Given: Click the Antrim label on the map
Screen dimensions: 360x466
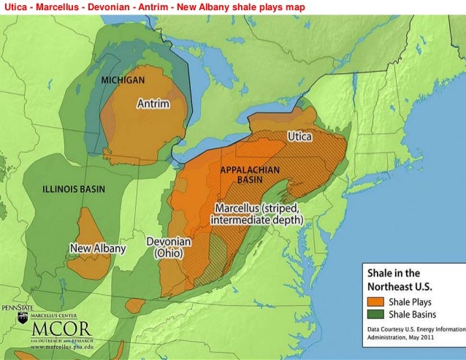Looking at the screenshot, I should [x=153, y=104].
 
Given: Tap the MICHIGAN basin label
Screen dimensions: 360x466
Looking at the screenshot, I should [x=123, y=79].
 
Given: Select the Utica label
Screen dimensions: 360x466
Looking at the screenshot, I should [x=299, y=137].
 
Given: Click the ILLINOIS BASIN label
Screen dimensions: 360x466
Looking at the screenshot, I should [x=73, y=189].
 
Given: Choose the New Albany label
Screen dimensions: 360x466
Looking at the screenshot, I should [x=98, y=248].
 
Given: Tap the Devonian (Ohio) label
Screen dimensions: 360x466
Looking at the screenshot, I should [x=169, y=248].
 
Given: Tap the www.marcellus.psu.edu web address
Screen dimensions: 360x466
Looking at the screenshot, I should [x=52, y=348].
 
